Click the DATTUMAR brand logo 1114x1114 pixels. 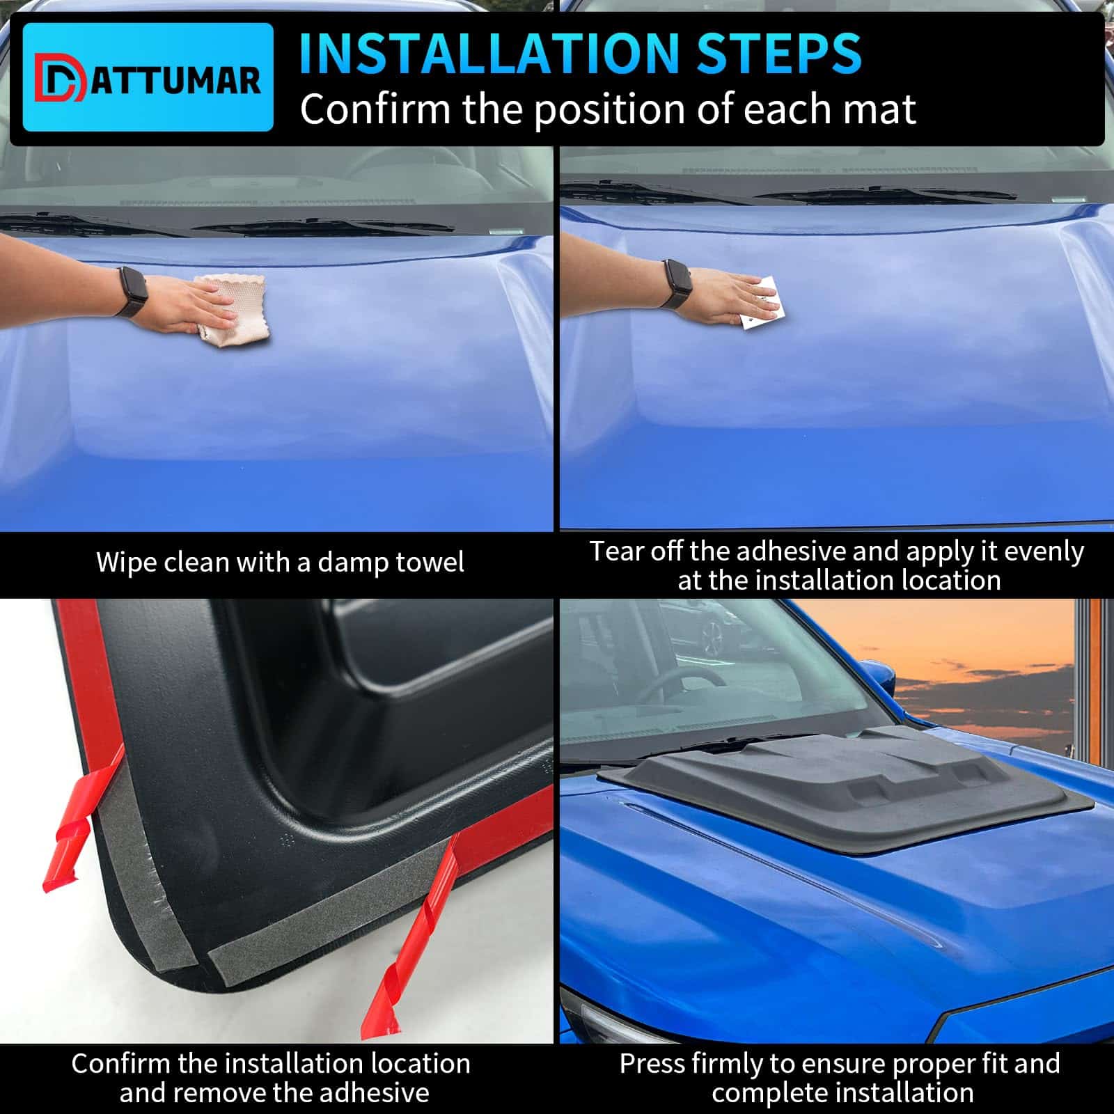coord(148,77)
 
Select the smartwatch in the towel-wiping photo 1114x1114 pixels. coord(129,292)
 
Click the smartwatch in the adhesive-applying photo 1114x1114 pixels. coord(674,283)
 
